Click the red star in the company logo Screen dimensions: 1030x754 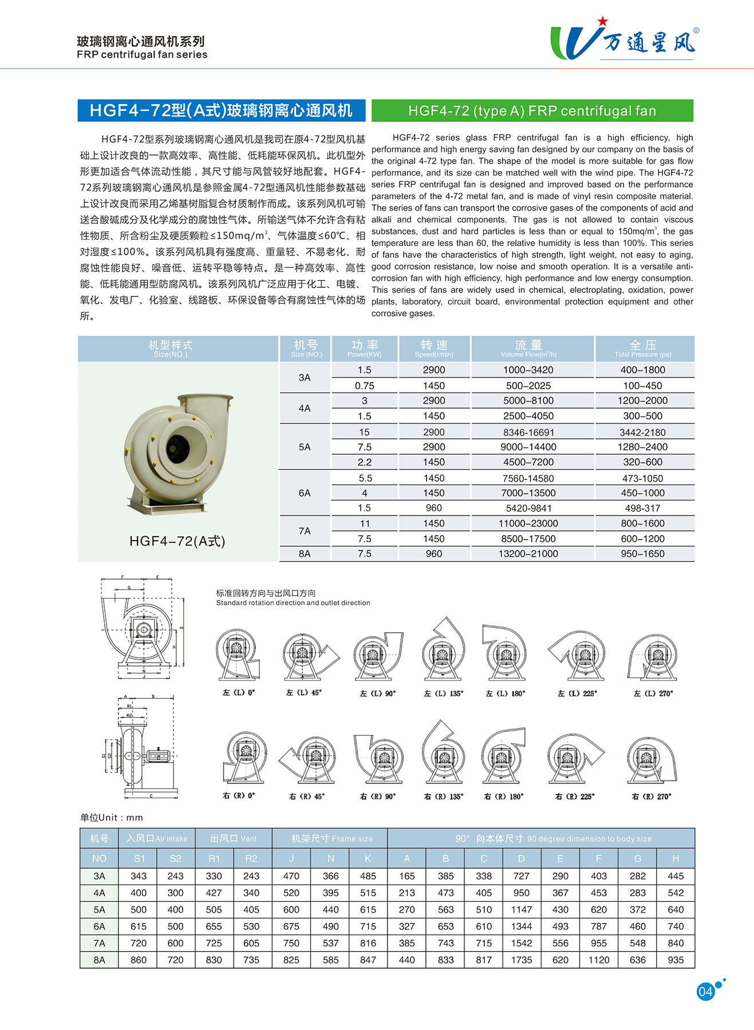(x=602, y=21)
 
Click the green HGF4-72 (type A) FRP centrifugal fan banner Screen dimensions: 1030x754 (x=532, y=110)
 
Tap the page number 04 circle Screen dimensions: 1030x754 (x=705, y=991)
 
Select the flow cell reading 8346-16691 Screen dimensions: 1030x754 (x=528, y=432)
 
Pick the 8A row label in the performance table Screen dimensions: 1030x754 (x=305, y=553)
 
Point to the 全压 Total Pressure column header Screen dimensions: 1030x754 (x=643, y=348)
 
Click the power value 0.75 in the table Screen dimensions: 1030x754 (x=364, y=386)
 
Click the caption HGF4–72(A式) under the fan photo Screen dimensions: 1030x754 (x=177, y=541)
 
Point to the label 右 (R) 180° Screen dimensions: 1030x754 (x=504, y=797)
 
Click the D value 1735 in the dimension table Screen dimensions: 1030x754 (x=521, y=960)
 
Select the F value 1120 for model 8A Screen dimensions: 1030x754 (x=598, y=960)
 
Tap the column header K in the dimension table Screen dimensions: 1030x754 (x=368, y=858)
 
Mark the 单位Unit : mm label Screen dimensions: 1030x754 (x=112, y=817)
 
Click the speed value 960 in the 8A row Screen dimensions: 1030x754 (x=433, y=553)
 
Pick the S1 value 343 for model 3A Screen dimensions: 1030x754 (x=139, y=876)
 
